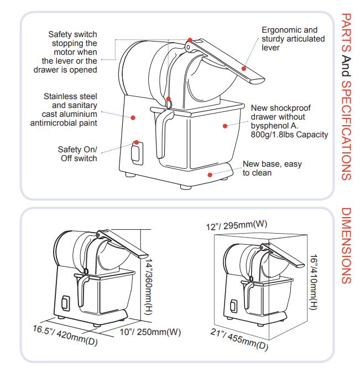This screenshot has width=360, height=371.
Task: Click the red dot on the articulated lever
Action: click(244, 69)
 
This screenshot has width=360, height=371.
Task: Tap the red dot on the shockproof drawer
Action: click(225, 126)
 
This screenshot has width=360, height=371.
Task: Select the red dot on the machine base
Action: click(210, 175)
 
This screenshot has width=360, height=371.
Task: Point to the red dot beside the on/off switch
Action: click(137, 142)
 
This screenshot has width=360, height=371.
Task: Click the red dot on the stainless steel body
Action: click(133, 117)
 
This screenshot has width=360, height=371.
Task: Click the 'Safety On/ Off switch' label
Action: click(77, 154)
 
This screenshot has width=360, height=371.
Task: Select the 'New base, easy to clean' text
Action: click(272, 168)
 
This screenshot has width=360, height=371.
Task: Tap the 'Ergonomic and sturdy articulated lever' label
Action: click(293, 39)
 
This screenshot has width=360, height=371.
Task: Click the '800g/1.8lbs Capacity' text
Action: click(289, 135)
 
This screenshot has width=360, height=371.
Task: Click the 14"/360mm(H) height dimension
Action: click(149, 287)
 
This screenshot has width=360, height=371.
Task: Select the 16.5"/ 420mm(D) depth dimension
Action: click(65, 336)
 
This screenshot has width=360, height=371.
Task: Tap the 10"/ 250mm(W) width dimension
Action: click(150, 332)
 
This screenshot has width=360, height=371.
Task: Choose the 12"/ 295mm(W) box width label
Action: click(237, 225)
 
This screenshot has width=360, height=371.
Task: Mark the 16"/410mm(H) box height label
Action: click(313, 282)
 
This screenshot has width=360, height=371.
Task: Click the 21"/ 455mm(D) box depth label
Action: click(239, 339)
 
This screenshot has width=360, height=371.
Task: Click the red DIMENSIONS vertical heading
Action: click(346, 246)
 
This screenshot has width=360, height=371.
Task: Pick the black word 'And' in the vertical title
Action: click(346, 66)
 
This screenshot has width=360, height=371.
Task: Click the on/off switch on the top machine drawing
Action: click(137, 153)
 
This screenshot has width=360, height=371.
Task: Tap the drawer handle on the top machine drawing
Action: click(163, 132)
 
